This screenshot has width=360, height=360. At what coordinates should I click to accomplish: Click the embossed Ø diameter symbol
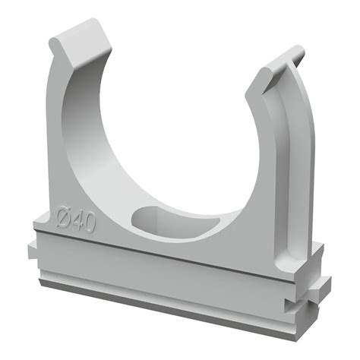tap(64, 217)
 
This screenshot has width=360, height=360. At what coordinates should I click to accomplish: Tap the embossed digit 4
tap(78, 221)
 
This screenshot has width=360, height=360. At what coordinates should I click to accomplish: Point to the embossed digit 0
tap(90, 223)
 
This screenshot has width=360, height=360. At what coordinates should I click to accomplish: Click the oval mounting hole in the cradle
tap(175, 223)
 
